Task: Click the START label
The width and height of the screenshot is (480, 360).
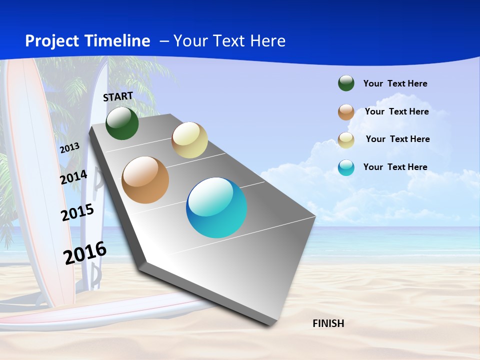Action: click(118, 96)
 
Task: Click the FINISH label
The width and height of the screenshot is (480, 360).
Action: click(328, 323)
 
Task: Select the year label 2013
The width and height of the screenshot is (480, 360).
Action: click(70, 148)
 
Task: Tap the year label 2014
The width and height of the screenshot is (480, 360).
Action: click(73, 177)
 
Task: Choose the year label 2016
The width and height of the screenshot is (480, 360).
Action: click(85, 253)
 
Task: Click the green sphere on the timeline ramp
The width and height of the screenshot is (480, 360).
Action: click(122, 123)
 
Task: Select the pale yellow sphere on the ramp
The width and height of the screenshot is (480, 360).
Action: click(189, 140)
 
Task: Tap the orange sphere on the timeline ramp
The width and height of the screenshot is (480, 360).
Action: click(145, 180)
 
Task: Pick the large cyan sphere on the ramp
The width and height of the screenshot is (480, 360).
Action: click(216, 207)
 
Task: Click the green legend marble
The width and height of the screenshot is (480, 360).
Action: click(346, 83)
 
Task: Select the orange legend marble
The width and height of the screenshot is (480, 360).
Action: click(346, 112)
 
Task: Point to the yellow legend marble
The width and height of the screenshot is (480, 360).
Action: click(346, 140)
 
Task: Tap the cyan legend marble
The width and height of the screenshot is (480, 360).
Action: click(346, 167)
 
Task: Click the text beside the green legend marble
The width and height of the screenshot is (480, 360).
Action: click(395, 83)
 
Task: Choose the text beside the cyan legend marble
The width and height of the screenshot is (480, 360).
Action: click(395, 167)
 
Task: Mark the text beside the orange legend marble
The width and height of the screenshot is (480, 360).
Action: click(396, 111)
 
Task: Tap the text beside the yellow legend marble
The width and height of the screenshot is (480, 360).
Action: click(397, 139)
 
